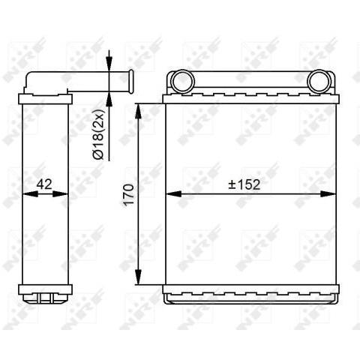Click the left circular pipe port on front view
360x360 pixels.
click(181, 79)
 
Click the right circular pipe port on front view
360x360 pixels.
click(319, 79)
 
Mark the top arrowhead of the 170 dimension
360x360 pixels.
click(137, 109)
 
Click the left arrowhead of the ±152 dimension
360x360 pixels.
click(171, 193)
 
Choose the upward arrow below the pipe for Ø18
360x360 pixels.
click(109, 94)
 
